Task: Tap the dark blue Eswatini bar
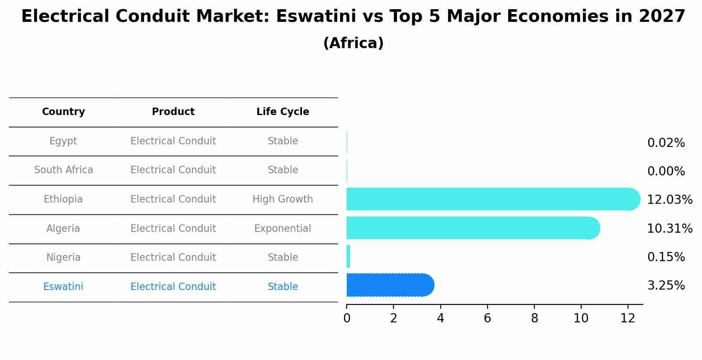[x=390, y=285]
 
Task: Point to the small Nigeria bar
[x=348, y=256]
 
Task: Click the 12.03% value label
[x=669, y=200]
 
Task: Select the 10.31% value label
[x=669, y=229]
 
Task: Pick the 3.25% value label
[x=666, y=286]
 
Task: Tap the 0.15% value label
[x=666, y=257]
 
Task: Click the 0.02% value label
[x=666, y=143]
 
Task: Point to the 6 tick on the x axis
[x=487, y=318]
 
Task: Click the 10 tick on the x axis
[x=581, y=318]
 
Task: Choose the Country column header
[x=63, y=112]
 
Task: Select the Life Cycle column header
[x=283, y=112]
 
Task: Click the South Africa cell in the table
[x=63, y=170]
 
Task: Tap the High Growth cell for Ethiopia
[x=283, y=199]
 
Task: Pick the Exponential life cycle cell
[x=283, y=229]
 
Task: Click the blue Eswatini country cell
[x=63, y=287]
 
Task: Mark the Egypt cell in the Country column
[x=63, y=141]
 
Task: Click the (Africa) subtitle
[x=353, y=43]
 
